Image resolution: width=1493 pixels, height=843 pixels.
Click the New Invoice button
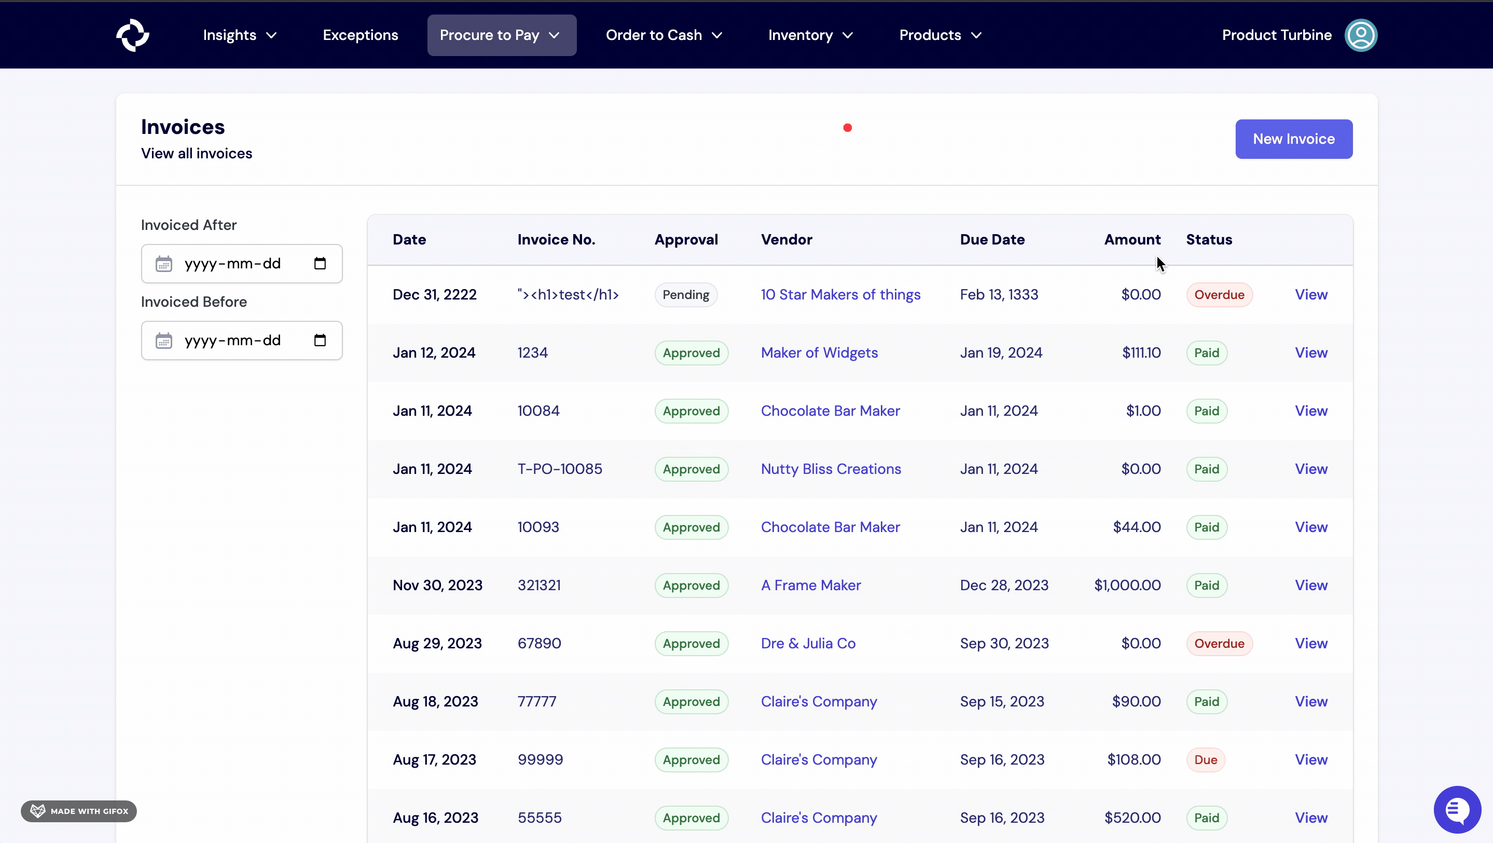pyautogui.click(x=1293, y=139)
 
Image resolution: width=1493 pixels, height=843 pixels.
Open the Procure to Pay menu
pyautogui.click(x=501, y=35)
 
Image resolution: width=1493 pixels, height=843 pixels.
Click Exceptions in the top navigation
pyautogui.click(x=360, y=35)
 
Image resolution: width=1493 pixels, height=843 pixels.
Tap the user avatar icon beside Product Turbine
pyautogui.click(x=1360, y=35)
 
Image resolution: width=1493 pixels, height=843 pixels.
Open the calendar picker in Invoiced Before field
pyautogui.click(x=320, y=341)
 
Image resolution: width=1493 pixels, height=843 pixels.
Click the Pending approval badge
pyautogui.click(x=685, y=294)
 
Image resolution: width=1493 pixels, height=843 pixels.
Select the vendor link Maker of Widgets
pyautogui.click(x=819, y=352)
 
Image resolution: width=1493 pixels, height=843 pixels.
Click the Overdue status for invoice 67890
pyautogui.click(x=1219, y=644)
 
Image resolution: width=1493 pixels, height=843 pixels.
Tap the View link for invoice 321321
pyautogui.click(x=1310, y=585)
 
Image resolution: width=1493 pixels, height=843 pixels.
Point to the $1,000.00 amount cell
pyautogui.click(x=1127, y=585)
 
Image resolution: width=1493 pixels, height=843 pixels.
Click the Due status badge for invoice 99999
pyautogui.click(x=1205, y=759)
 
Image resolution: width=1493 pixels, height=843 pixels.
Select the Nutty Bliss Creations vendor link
pyautogui.click(x=830, y=469)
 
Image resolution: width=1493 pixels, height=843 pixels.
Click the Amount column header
pyautogui.click(x=1131, y=239)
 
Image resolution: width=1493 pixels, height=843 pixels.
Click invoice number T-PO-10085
pyautogui.click(x=559, y=469)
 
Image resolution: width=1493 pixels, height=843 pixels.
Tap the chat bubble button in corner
pyautogui.click(x=1457, y=809)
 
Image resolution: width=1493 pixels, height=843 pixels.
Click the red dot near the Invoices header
pyautogui.click(x=847, y=128)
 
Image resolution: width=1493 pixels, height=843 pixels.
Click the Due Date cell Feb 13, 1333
pyautogui.click(x=999, y=294)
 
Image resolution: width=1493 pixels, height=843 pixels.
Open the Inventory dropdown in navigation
pyautogui.click(x=810, y=35)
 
